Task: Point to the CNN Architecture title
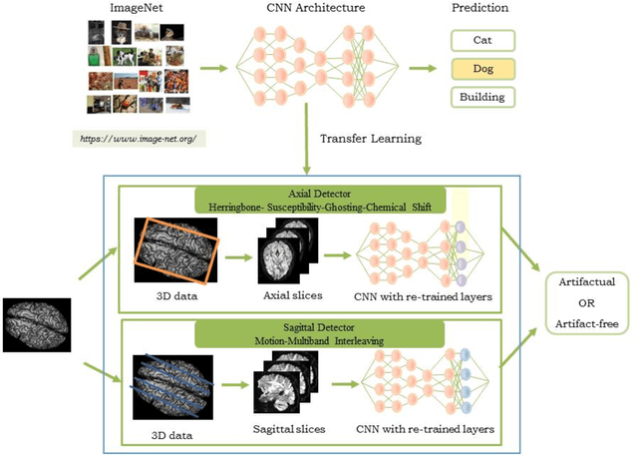coord(314,8)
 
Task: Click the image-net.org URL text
coord(139,138)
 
